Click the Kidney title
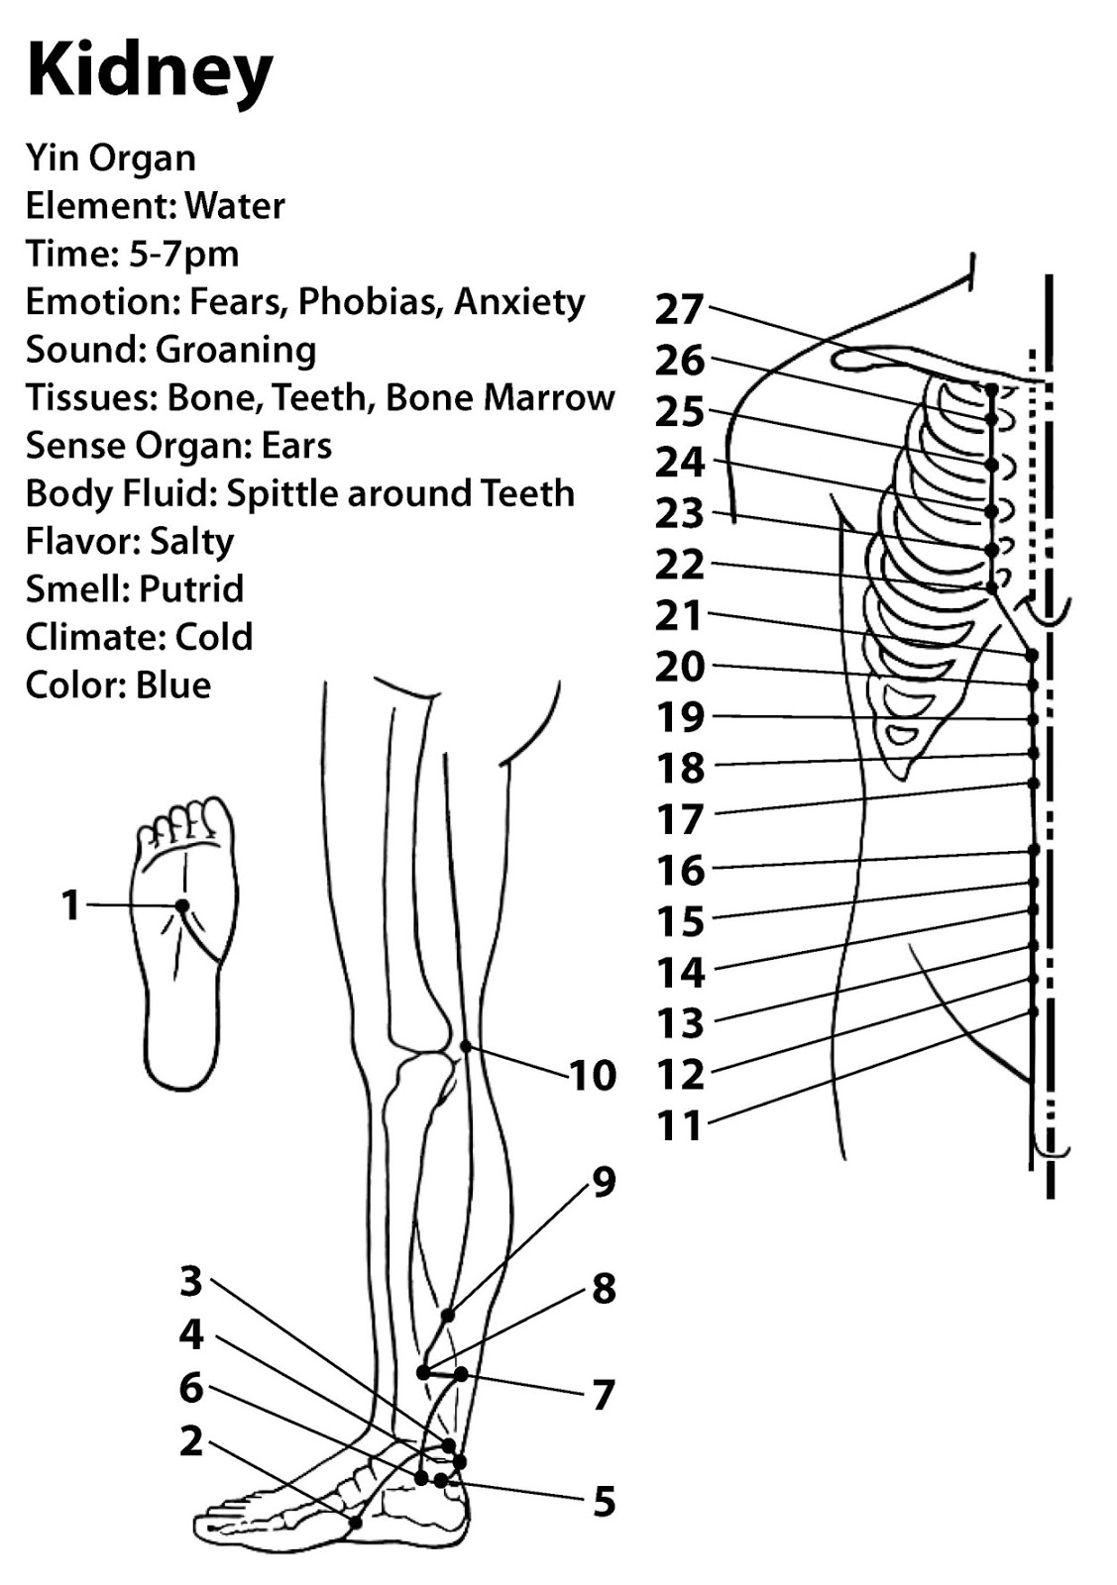[x=150, y=71]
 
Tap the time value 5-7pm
[x=184, y=254]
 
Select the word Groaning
[x=236, y=350]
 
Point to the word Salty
[x=191, y=541]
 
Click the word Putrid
[x=191, y=589]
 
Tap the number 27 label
[x=679, y=310]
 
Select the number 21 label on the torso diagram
[x=679, y=615]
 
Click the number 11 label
[x=679, y=1125]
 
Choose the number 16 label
[x=681, y=871]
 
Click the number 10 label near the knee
[x=593, y=1076]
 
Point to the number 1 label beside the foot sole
[x=70, y=905]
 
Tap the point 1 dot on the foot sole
[x=181, y=905]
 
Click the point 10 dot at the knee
[x=466, y=1046]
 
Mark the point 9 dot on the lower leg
[x=447, y=1316]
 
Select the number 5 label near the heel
[x=604, y=1502]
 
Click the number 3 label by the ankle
[x=190, y=1281]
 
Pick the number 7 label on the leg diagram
[x=603, y=1395]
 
